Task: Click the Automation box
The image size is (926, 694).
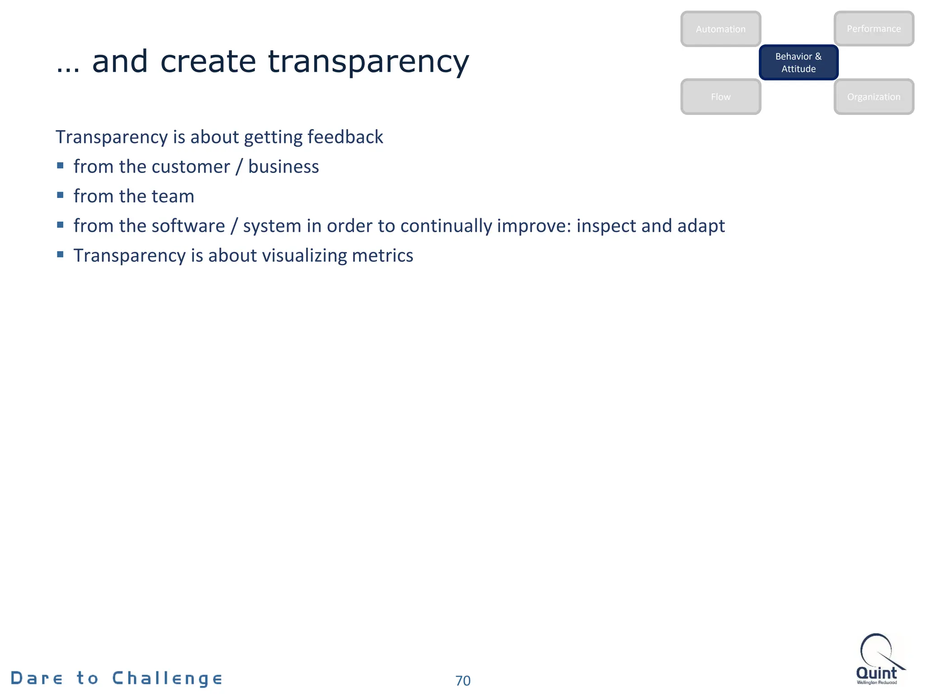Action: [x=720, y=29]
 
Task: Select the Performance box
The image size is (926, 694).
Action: [x=874, y=28]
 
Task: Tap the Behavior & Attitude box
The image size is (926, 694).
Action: [x=798, y=62]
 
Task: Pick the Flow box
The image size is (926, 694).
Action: [x=720, y=97]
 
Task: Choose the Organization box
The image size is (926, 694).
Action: [x=874, y=97]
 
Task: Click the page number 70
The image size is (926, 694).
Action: [x=463, y=680]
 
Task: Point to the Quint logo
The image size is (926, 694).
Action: [x=877, y=660]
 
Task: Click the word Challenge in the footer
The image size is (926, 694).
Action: [x=167, y=678]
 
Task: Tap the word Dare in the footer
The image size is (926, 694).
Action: [x=37, y=678]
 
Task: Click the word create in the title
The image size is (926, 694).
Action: [x=208, y=61]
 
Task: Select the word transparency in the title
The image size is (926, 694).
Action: [x=369, y=62]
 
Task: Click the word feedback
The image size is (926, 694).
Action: [x=345, y=137]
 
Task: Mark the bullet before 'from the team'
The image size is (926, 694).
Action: [x=61, y=195]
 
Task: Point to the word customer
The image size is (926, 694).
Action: [x=190, y=167]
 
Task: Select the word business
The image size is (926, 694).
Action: [x=283, y=167]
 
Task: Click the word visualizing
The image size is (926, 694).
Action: [x=304, y=256]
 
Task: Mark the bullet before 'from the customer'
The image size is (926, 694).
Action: [x=61, y=165]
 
